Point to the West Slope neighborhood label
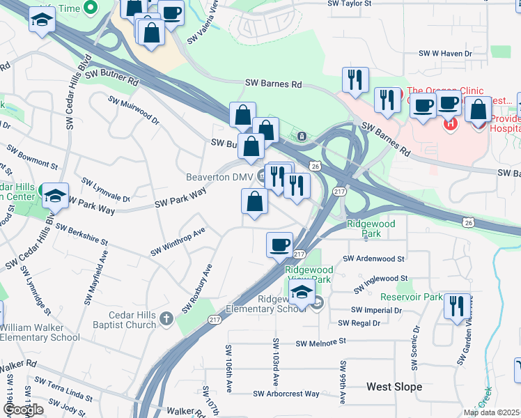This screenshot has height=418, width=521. click(394, 386)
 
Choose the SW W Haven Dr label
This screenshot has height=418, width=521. click(445, 53)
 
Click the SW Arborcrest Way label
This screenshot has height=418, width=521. click(287, 394)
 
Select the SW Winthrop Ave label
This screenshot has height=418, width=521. click(179, 241)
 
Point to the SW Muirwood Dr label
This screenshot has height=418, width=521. click(134, 109)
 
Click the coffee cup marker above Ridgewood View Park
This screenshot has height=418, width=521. click(280, 245)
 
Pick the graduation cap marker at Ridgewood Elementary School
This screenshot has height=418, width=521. click(302, 293)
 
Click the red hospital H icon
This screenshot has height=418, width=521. click(450, 123)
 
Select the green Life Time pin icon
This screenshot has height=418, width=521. click(90, 8)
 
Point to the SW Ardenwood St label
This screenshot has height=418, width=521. click(369, 258)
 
